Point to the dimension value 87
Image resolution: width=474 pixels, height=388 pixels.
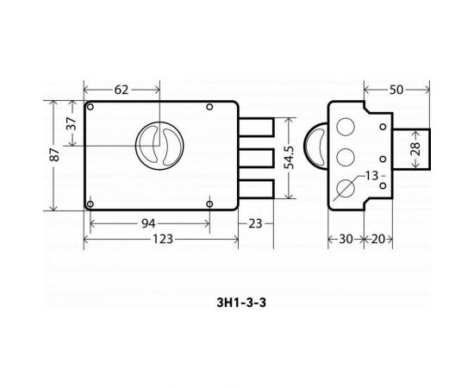54,155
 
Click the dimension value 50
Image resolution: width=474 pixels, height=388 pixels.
398,90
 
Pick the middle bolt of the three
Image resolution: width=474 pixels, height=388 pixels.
257,157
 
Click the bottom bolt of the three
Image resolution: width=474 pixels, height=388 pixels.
257,188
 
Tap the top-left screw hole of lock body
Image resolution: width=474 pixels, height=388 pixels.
90,107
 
